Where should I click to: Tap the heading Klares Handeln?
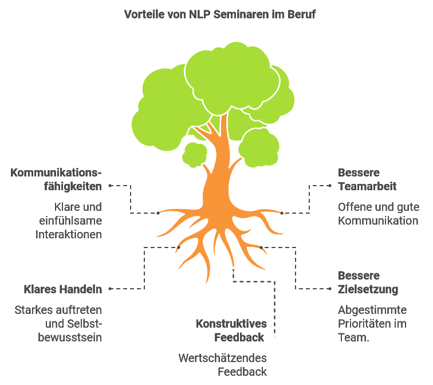[x=63, y=289]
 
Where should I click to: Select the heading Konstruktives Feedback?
[x=231, y=331]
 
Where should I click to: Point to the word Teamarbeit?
[x=367, y=186]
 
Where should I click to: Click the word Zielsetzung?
[x=368, y=289]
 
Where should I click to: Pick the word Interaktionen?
[x=69, y=234]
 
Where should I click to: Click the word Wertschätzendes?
[x=223, y=358]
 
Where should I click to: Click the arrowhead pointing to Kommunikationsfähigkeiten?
[x=109, y=186]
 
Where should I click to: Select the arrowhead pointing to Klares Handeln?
[x=109, y=289]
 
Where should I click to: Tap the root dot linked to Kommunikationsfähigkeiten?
[x=158, y=213]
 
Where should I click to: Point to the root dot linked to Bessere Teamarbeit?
[x=282, y=213]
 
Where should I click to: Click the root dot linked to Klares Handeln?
[x=179, y=247]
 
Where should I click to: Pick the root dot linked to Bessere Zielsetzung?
[x=261, y=247]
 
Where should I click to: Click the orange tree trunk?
[x=218, y=172]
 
